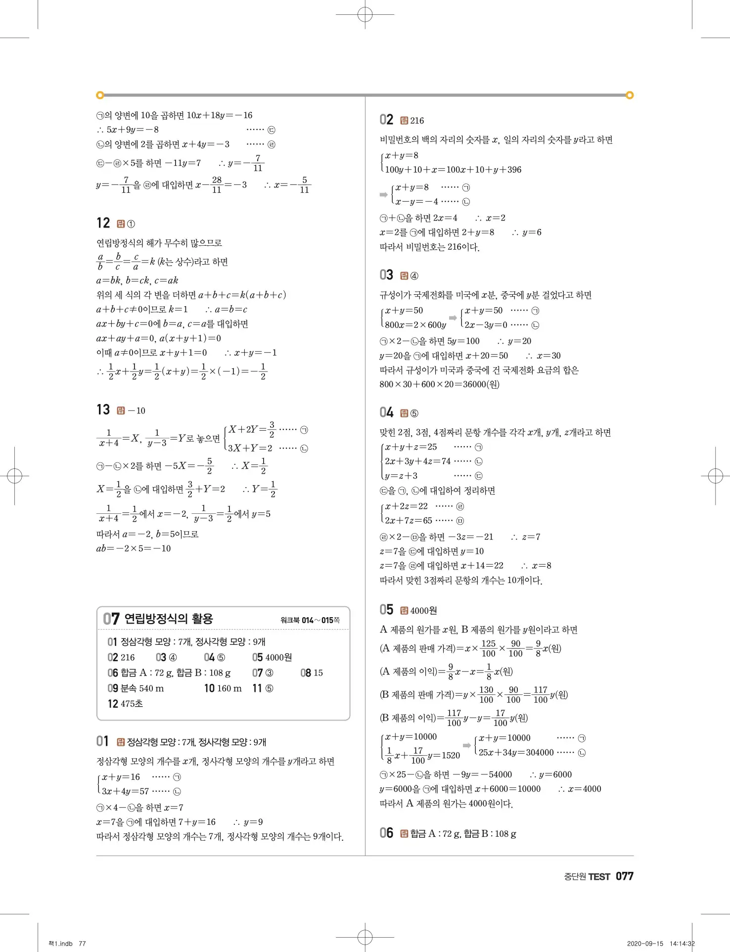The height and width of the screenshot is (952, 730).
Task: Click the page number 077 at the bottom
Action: click(624, 876)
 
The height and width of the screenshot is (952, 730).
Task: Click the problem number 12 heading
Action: click(103, 223)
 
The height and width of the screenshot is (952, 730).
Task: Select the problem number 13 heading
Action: click(103, 410)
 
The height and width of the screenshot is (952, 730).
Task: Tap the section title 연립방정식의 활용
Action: click(169, 619)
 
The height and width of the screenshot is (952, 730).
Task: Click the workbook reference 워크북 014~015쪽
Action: click(310, 620)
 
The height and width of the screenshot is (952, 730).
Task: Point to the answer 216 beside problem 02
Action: click(416, 121)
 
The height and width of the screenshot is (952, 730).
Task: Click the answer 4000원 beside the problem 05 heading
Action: click(423, 611)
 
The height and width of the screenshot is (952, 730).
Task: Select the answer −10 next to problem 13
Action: click(137, 411)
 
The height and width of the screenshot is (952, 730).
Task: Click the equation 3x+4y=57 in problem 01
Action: click(126, 791)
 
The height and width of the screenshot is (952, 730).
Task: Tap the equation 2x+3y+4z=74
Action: click(417, 461)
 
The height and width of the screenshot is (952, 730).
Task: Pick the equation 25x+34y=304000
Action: click(516, 753)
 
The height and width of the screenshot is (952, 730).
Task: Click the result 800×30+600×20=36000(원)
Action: click(439, 384)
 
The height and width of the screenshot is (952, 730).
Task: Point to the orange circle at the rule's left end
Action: click(100, 95)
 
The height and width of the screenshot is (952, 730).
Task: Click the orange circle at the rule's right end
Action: click(630, 95)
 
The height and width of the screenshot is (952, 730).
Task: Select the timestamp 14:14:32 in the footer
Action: click(682, 944)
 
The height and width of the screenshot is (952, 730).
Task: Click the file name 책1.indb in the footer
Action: click(60, 944)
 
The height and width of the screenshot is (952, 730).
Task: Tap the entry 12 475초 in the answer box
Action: click(126, 704)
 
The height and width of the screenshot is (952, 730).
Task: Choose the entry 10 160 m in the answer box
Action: click(223, 688)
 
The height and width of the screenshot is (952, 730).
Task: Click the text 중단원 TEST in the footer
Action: click(587, 877)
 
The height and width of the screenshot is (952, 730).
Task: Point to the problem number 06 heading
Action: click(386, 833)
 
